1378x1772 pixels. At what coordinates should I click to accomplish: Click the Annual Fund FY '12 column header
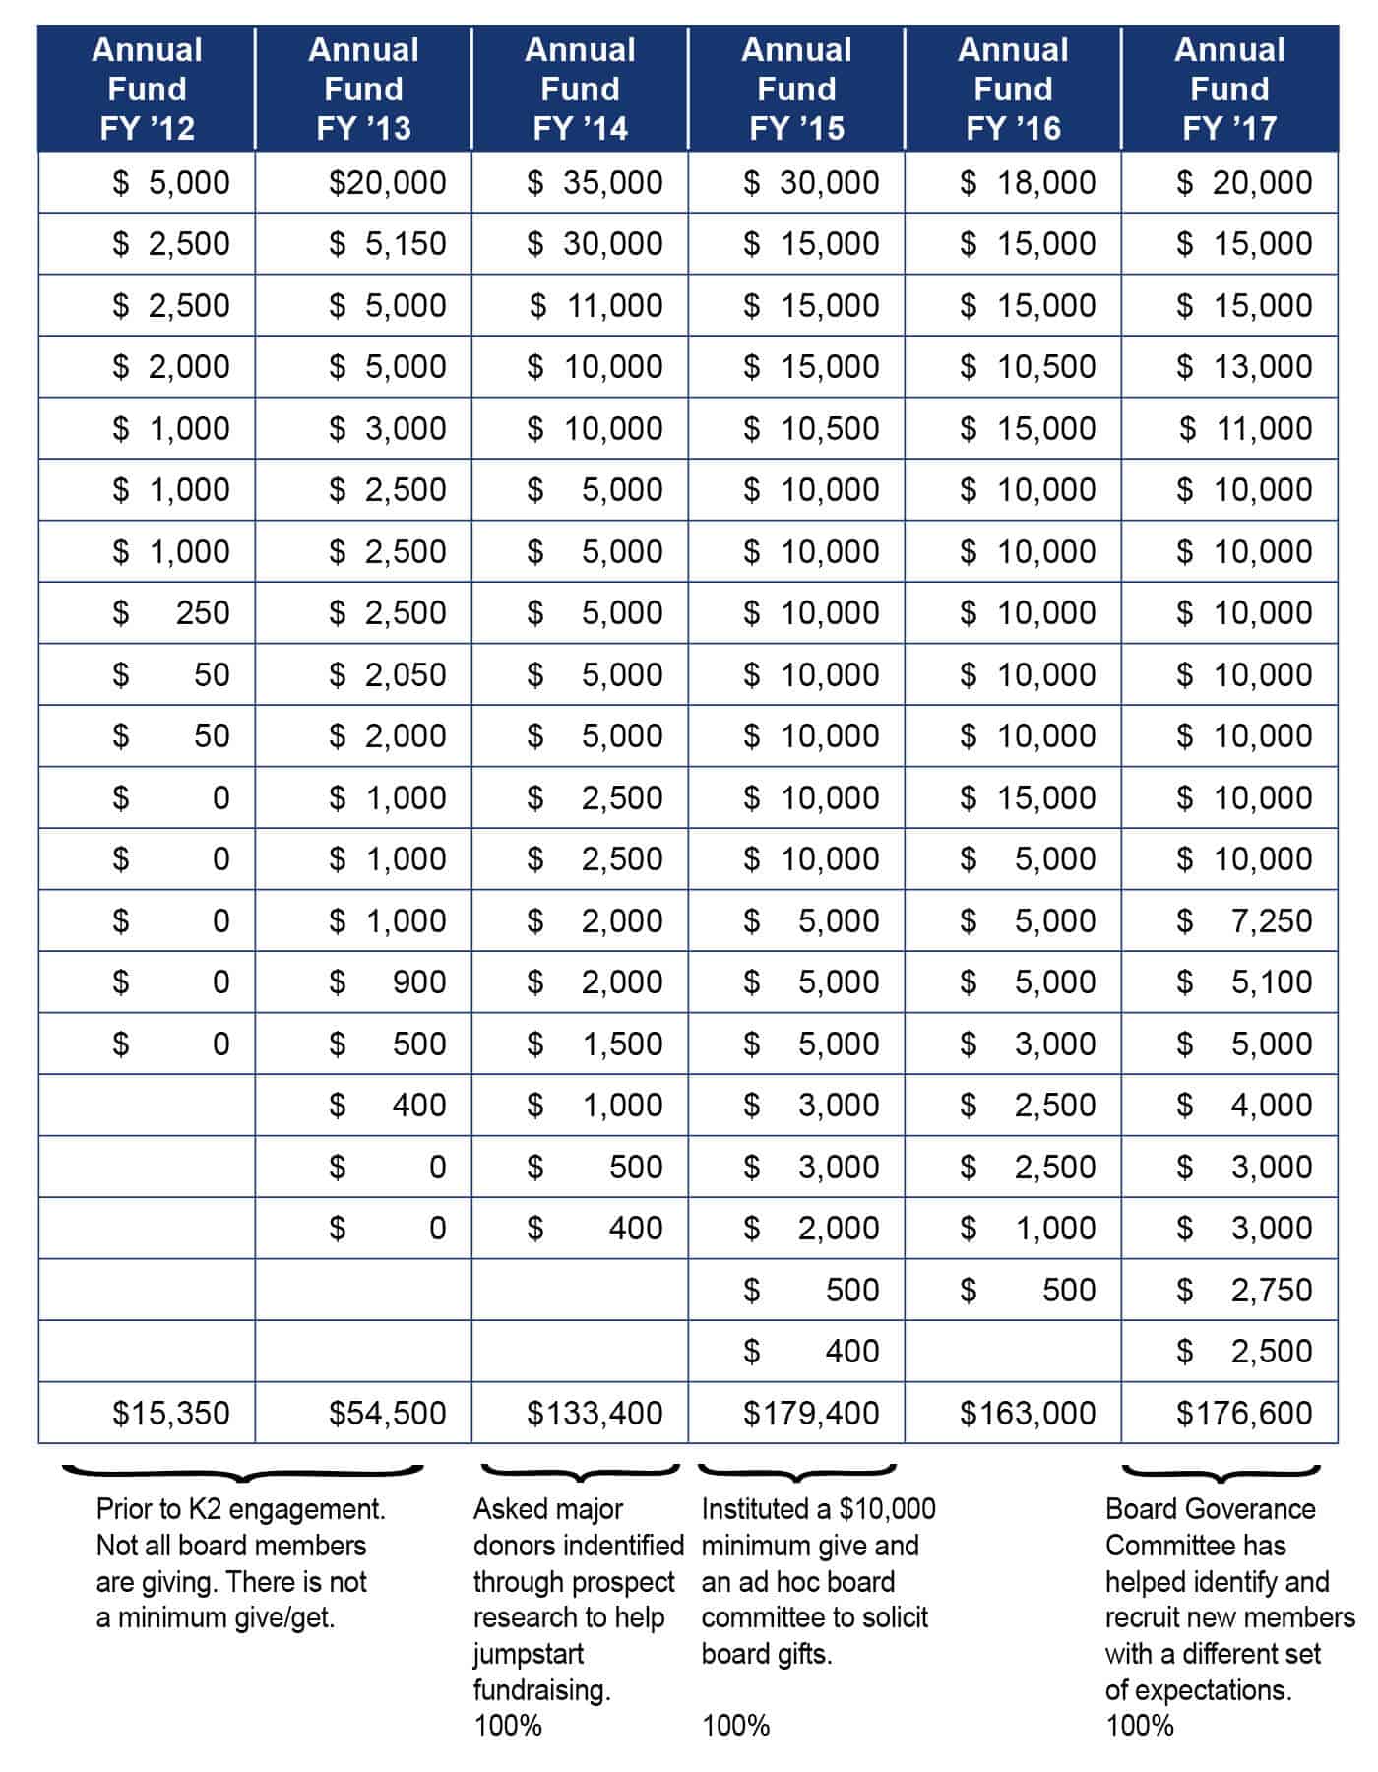tap(147, 89)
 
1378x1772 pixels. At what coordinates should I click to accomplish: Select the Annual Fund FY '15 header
tap(796, 89)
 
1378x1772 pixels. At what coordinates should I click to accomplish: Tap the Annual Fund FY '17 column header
tap(1229, 89)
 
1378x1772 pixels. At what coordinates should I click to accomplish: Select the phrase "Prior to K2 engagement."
tap(240, 1509)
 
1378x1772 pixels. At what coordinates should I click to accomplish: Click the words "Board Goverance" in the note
tap(1210, 1509)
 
